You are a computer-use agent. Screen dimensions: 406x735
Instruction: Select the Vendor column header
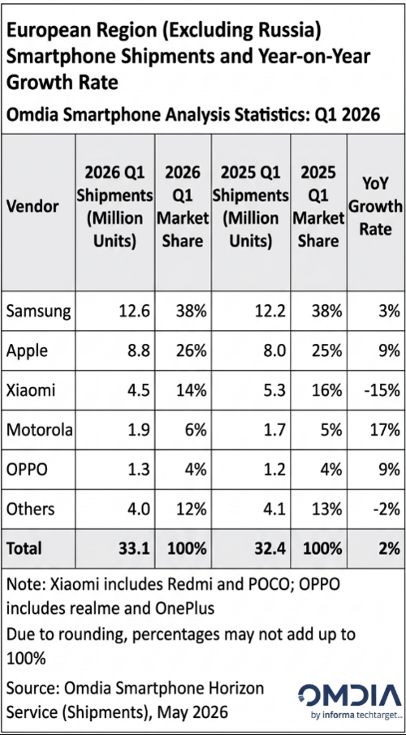[x=32, y=207]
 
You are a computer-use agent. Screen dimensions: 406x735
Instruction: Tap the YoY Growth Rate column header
[x=377, y=207]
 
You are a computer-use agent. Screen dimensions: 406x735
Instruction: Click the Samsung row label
[x=38, y=312]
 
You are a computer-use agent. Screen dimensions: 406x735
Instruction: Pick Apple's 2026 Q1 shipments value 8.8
[x=134, y=351]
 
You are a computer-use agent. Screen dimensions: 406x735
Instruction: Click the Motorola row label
[x=40, y=431]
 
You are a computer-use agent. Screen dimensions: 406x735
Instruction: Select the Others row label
[x=31, y=509]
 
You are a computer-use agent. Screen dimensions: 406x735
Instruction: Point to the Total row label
[x=24, y=548]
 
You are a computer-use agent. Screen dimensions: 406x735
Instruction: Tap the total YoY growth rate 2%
[x=388, y=548]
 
